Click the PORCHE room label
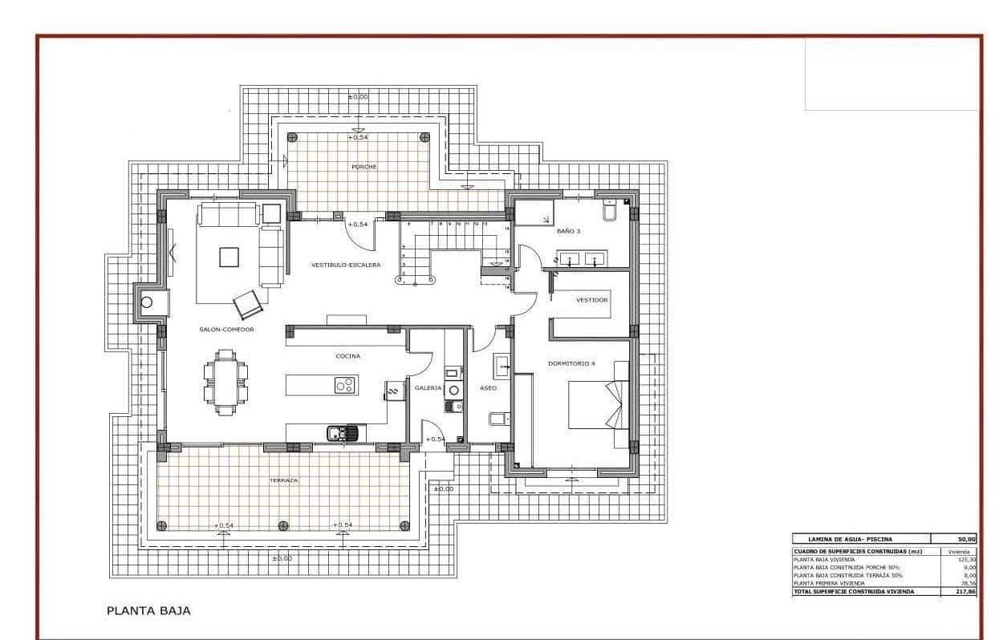coord(363,167)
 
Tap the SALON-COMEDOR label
coord(227,330)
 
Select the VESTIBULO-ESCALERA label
coord(346,265)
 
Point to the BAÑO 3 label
coord(568,231)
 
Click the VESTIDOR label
coord(592,300)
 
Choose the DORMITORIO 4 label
coord(571,363)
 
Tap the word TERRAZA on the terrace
coord(283,480)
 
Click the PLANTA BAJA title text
coord(148,611)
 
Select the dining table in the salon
coord(225,383)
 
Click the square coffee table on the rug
coord(229,257)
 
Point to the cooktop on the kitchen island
coord(345,386)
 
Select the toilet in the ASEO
coord(497,419)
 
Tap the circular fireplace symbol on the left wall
coord(147,302)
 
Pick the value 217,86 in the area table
coord(965,591)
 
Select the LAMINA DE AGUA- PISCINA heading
coord(843,539)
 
